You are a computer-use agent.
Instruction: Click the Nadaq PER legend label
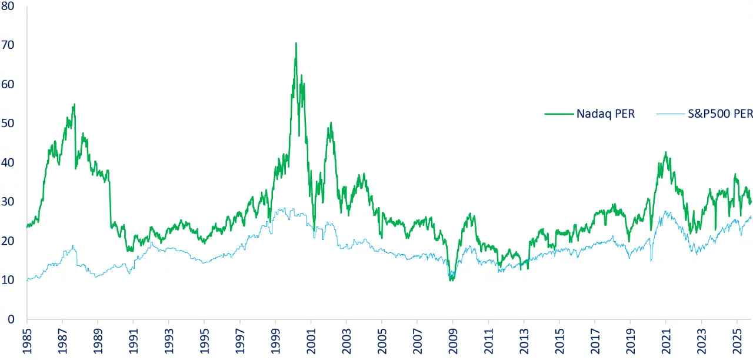[x=606, y=114]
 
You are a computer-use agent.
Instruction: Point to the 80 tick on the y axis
[x=10, y=6]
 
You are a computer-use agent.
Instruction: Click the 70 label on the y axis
[x=10, y=45]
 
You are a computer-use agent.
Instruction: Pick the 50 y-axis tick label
[x=10, y=123]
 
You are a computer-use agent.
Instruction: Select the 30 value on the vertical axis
[x=10, y=201]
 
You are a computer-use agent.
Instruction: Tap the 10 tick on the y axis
[x=10, y=279]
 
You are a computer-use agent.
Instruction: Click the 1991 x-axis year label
[x=134, y=342]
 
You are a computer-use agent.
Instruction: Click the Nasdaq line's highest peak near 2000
[x=296, y=43]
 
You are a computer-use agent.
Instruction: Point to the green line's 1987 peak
[x=74, y=105]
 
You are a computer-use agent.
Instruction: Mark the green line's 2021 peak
[x=665, y=152]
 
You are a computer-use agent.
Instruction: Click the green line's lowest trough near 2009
[x=451, y=280]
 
